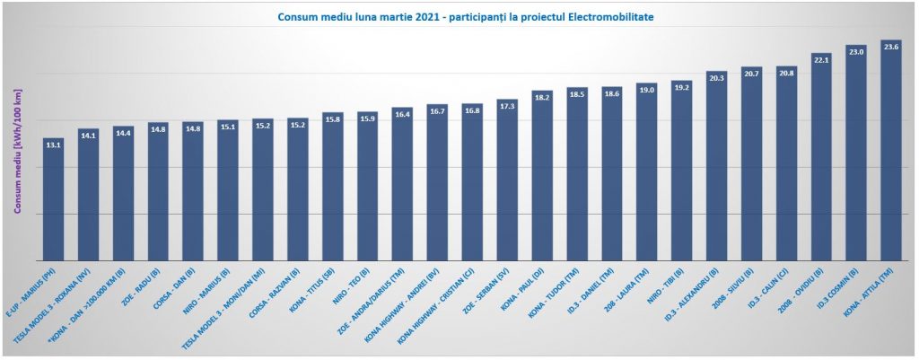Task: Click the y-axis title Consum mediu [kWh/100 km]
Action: [17, 152]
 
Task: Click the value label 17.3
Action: [507, 106]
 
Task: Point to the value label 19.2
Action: [681, 87]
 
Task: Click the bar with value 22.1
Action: [821, 162]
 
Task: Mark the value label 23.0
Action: [856, 52]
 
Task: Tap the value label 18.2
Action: [542, 97]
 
